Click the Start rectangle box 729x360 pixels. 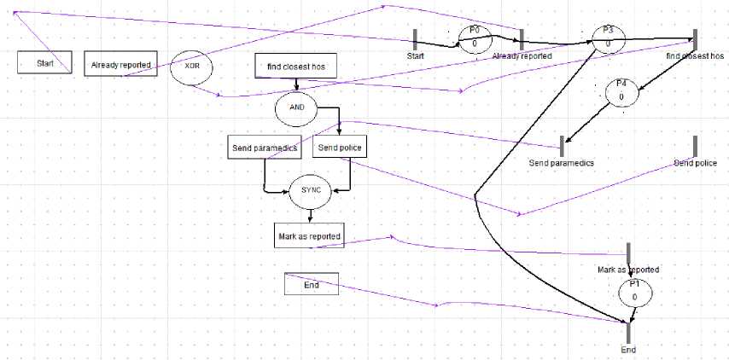click(44, 63)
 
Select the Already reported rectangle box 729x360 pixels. click(121, 64)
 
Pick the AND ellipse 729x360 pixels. click(295, 107)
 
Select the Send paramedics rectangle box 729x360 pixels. click(264, 148)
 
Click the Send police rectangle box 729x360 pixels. click(340, 148)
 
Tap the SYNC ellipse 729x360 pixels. click(308, 191)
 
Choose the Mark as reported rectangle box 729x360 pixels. click(309, 236)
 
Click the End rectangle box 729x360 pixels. click(312, 285)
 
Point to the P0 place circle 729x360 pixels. click(475, 38)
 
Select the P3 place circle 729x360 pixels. click(608, 38)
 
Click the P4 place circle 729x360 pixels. click(621, 92)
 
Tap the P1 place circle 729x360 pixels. click(634, 292)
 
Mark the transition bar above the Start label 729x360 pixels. click(415, 38)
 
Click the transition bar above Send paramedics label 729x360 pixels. click(562, 146)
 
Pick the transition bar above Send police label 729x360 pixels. click(695, 146)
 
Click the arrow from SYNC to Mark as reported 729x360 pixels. click(308, 216)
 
